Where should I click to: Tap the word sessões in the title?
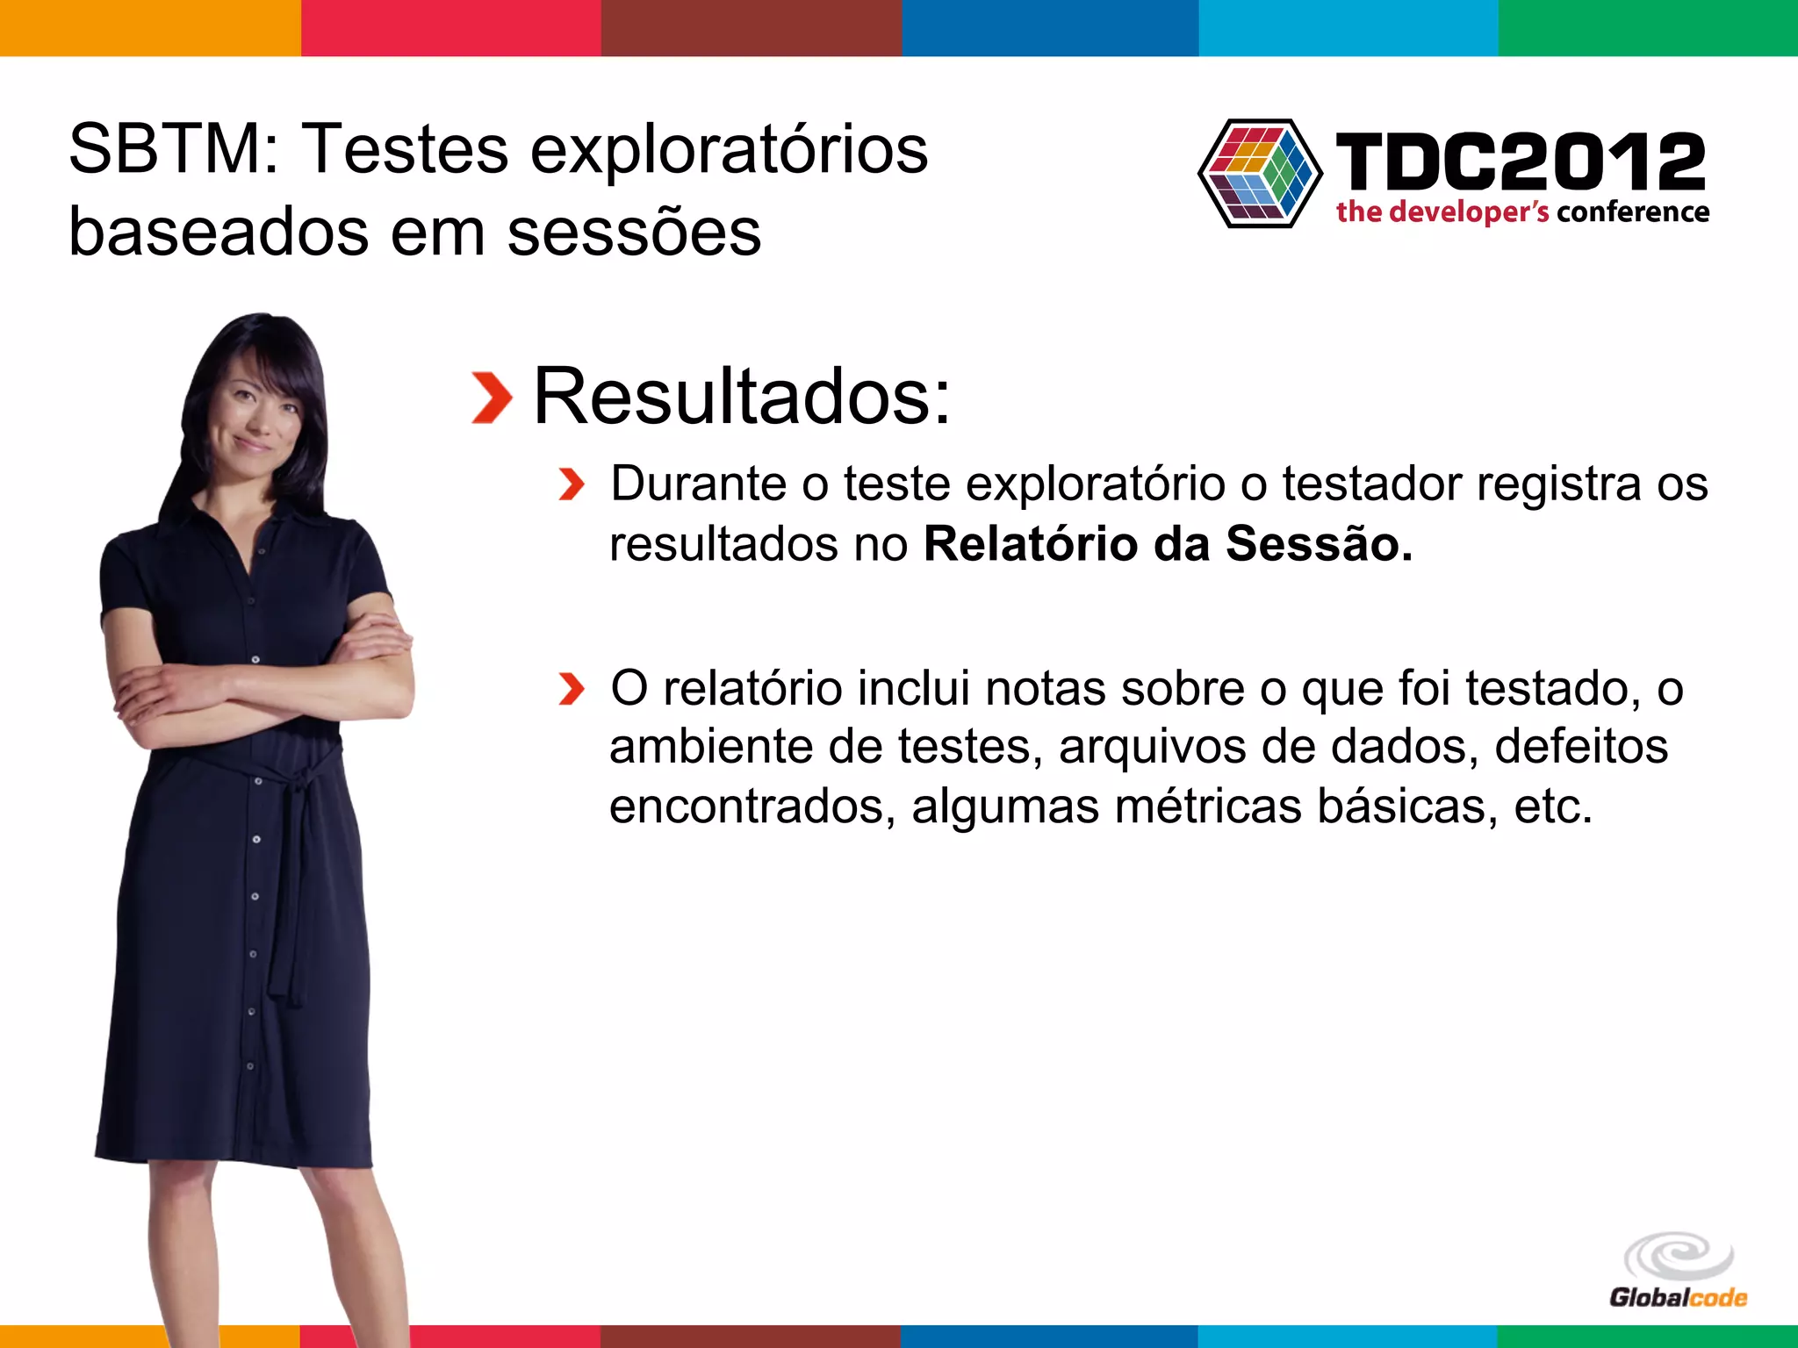point(634,233)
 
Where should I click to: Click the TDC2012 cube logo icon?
point(1260,173)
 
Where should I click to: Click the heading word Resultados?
point(742,397)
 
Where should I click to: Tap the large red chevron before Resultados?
point(491,398)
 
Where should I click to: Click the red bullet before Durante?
point(571,484)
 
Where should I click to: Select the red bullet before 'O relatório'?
point(571,689)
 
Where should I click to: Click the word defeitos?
point(1581,748)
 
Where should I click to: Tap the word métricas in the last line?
point(1208,807)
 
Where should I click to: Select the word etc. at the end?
point(1553,807)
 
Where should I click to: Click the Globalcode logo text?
point(1678,1298)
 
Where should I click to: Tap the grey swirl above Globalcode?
point(1678,1256)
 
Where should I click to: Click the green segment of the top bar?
point(1648,27)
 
